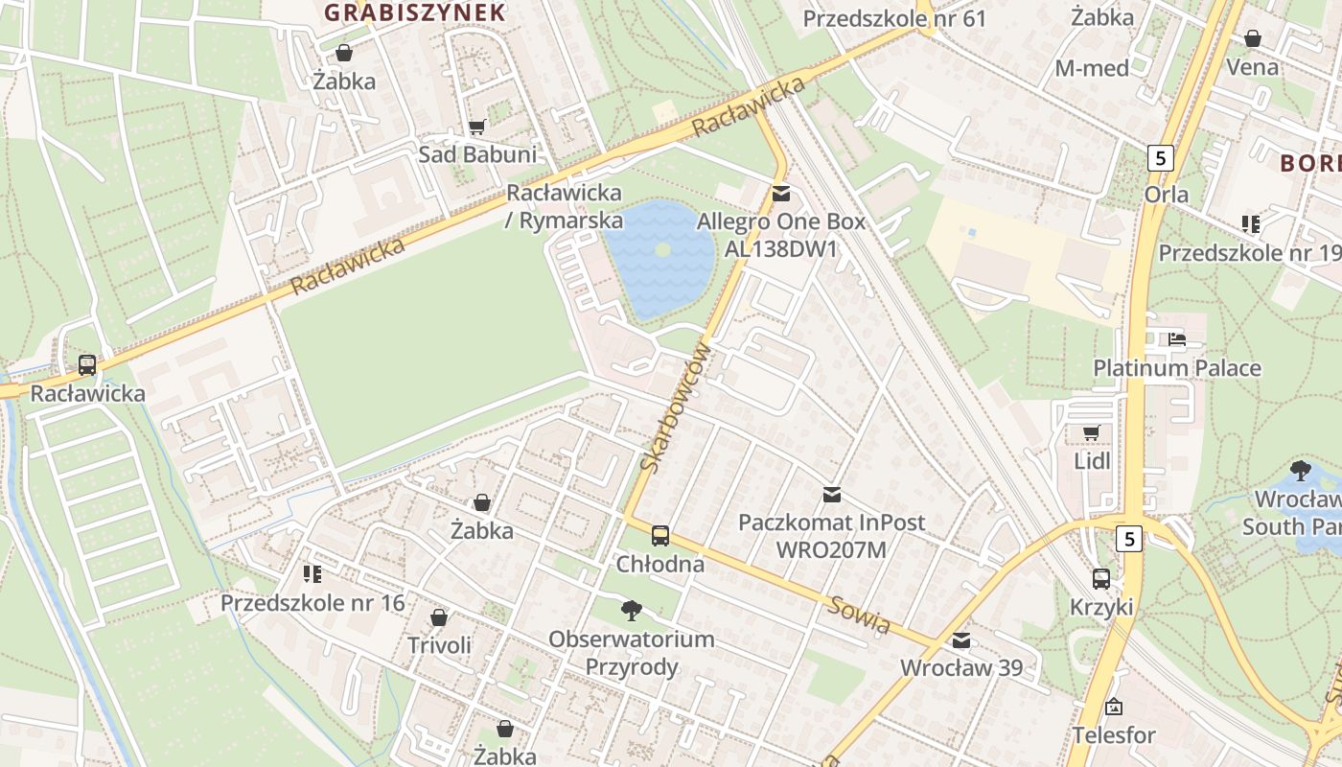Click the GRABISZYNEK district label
tap(414, 12)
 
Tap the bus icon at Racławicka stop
tap(87, 364)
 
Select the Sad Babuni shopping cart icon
tap(476, 127)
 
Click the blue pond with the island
tap(661, 257)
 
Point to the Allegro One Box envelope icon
tap(781, 194)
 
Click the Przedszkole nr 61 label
tap(893, 19)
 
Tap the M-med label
tap(1092, 68)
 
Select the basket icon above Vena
tap(1252, 38)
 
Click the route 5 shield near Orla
tap(1161, 158)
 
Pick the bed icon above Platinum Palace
tap(1177, 338)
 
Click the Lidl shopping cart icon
tap(1091, 432)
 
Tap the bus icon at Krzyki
tap(1101, 578)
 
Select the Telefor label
tap(1113, 735)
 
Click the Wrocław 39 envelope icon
tap(960, 640)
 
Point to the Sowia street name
tap(860, 614)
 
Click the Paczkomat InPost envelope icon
tap(831, 495)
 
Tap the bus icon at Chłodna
tap(660, 535)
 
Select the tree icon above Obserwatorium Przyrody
tap(631, 609)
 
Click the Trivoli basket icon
tap(439, 616)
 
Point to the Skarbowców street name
tap(677, 407)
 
